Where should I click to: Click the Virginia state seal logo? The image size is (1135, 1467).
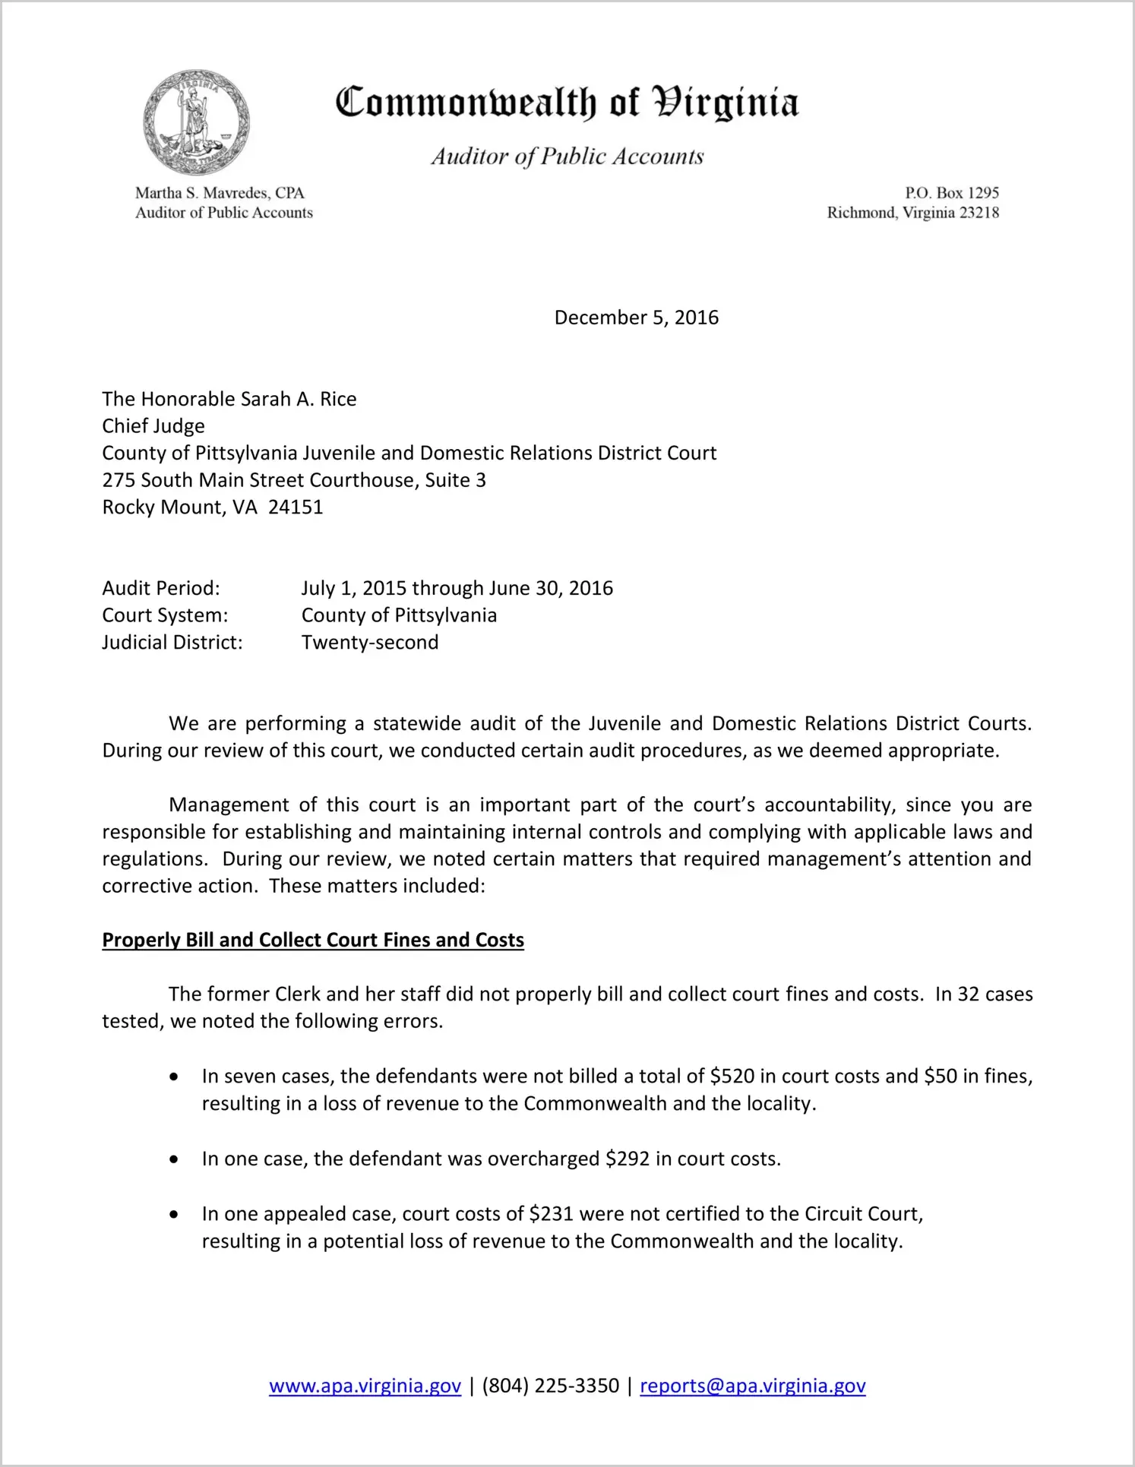[x=196, y=122]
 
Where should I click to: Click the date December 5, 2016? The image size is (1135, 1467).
[x=636, y=318]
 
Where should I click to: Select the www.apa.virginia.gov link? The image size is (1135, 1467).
[x=365, y=1386]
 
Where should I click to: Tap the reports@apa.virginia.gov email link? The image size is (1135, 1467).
[x=752, y=1386]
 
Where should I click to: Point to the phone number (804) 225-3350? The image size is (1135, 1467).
[x=550, y=1386]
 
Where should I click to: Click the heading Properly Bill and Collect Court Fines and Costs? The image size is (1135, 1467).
[x=313, y=941]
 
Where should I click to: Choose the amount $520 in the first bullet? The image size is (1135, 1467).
[x=732, y=1077]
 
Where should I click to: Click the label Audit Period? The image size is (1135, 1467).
[x=161, y=588]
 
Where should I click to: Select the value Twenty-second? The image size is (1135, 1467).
[x=370, y=643]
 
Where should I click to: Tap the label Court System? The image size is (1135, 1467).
[x=165, y=615]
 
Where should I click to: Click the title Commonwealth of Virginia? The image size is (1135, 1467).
[x=567, y=103]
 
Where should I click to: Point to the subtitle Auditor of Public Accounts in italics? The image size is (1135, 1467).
[x=567, y=157]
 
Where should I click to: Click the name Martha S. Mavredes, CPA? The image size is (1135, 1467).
[x=220, y=193]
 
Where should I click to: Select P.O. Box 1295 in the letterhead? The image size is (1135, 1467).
[x=951, y=193]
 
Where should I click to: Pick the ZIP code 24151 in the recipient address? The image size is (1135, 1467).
[x=296, y=507]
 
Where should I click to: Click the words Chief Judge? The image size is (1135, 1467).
[x=153, y=426]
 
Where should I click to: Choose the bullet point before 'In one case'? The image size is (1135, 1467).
[x=175, y=1160]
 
